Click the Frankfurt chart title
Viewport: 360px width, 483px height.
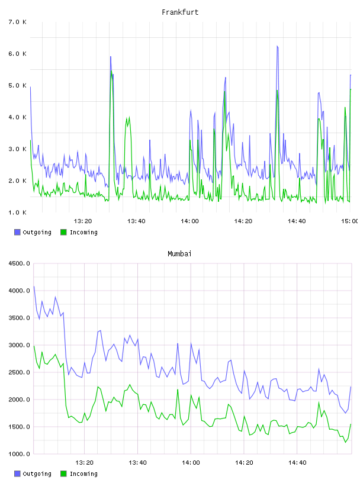tap(180, 12)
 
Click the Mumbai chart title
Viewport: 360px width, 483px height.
tap(179, 253)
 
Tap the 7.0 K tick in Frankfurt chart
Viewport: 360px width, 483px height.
tap(18, 22)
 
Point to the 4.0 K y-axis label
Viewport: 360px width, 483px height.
tap(18, 117)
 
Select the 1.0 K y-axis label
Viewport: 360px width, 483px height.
tap(18, 212)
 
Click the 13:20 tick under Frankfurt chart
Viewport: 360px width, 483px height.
tap(83, 221)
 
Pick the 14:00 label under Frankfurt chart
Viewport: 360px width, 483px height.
tap(189, 221)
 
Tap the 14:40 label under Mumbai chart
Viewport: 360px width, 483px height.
tap(297, 462)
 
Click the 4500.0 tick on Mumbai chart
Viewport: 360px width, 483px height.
tap(19, 263)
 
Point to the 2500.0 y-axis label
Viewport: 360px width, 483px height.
tap(19, 372)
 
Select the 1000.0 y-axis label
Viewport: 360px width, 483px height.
tap(19, 454)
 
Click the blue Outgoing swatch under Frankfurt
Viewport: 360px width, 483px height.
tap(17, 232)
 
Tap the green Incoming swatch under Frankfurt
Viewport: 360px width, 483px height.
tap(63, 232)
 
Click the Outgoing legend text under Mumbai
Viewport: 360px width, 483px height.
tap(37, 474)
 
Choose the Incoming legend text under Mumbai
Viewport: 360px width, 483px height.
tap(83, 474)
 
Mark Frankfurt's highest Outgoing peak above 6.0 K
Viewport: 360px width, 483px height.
tap(277, 46)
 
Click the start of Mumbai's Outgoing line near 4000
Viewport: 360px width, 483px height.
tap(34, 286)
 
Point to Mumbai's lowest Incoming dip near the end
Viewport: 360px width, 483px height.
tap(346, 442)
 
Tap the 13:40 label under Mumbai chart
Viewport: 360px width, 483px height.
tap(137, 462)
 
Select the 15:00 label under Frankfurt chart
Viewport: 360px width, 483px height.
tap(349, 221)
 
